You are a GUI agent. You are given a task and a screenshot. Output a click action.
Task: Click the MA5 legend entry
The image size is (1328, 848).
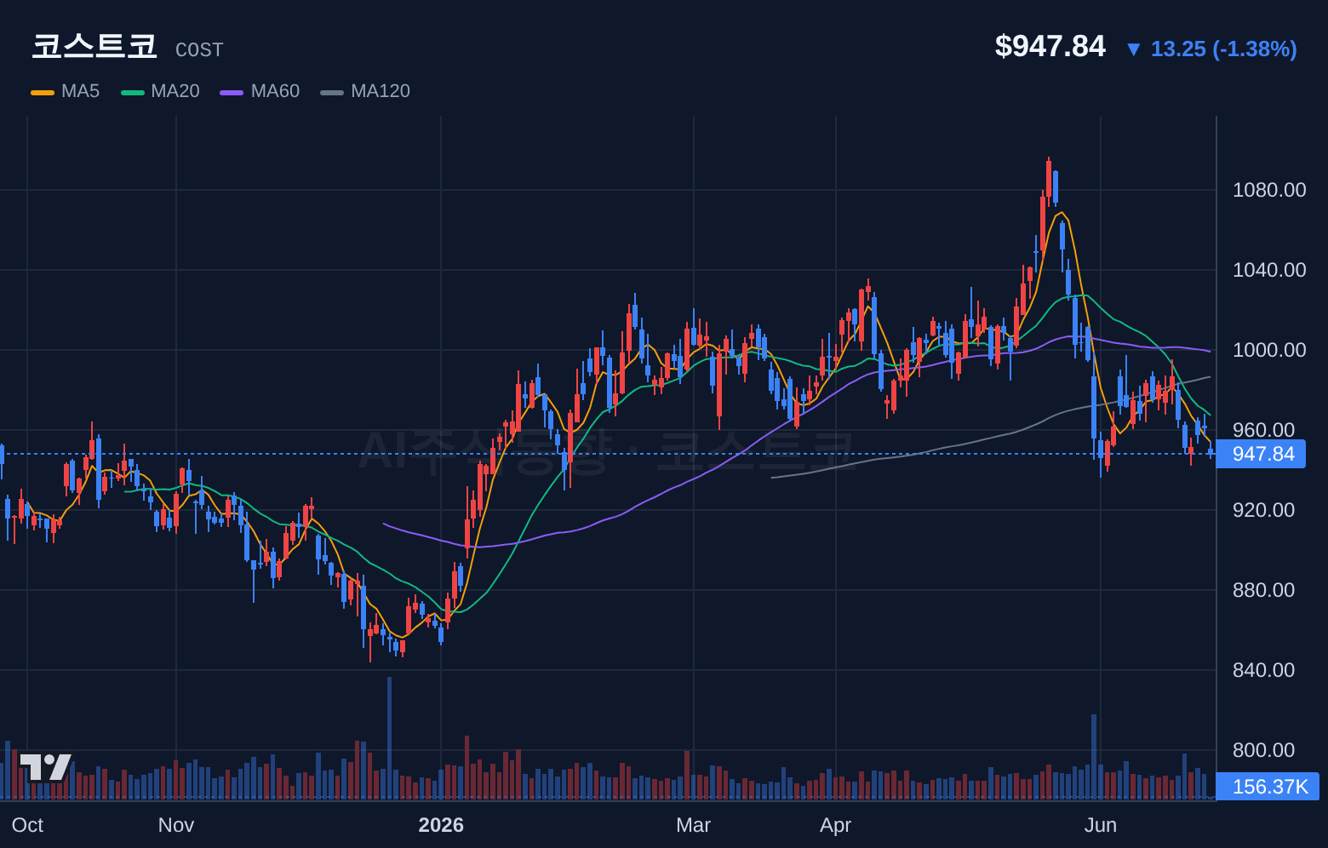(66, 91)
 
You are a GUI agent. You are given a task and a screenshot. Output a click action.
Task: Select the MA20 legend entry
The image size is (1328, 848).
(160, 91)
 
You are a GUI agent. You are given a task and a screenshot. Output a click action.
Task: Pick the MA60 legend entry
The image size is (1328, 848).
(260, 91)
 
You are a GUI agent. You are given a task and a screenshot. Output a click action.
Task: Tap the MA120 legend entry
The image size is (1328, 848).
(365, 91)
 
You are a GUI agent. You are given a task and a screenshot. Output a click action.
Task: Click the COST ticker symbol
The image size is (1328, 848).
(199, 50)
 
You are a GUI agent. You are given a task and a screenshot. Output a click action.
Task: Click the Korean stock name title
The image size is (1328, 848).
(94, 46)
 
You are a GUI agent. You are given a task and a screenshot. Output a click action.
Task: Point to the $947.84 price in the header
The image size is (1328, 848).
(1050, 46)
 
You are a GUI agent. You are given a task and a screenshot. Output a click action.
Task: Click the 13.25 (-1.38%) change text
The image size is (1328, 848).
(1223, 49)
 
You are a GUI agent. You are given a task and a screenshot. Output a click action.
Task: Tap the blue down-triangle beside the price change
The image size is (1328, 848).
(1134, 49)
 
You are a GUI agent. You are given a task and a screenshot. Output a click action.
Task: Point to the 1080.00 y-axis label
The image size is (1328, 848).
(1269, 190)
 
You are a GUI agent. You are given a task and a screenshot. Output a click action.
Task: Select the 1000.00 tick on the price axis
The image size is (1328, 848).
(1269, 350)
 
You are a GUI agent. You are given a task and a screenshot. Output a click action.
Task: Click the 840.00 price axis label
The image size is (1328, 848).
(1263, 670)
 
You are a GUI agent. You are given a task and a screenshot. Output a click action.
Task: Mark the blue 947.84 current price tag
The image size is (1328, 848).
(1261, 455)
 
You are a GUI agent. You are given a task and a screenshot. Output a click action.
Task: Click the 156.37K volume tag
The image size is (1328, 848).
(1268, 787)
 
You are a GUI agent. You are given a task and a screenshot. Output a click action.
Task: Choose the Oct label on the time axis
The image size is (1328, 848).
(27, 825)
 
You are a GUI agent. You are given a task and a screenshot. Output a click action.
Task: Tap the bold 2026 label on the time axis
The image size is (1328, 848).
(441, 825)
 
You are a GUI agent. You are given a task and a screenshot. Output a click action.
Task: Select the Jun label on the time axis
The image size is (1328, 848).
(1101, 825)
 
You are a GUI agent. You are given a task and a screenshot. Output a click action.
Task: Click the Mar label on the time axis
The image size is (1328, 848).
(694, 825)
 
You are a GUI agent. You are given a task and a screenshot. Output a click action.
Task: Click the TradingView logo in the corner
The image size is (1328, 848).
(46, 767)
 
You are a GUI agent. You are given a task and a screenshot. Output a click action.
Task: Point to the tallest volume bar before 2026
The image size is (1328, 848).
(390, 738)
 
